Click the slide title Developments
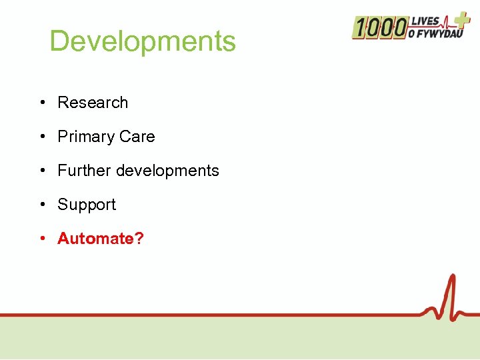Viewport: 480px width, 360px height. tap(143, 41)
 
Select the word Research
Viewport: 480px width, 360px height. tap(93, 103)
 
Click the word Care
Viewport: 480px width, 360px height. tap(137, 137)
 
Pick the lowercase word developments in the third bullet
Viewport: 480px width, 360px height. tap(167, 171)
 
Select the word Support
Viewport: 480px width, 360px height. tap(87, 205)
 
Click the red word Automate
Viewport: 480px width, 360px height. tap(95, 239)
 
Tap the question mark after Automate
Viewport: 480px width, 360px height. tap(139, 239)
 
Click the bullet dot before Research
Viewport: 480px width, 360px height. tap(42, 103)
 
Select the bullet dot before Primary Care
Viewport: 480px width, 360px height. tap(42, 137)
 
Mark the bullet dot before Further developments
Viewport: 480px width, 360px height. tap(42, 171)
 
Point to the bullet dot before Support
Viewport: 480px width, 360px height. tap(42, 205)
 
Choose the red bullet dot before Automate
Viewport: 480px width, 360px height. tap(42, 239)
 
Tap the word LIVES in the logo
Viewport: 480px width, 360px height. tap(426, 21)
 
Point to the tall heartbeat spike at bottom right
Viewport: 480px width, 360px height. tap(452, 293)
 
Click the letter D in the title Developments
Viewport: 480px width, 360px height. tap(59, 41)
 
